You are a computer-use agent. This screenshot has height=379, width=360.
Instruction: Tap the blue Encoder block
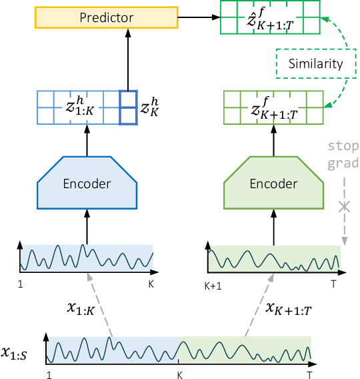[x=86, y=183]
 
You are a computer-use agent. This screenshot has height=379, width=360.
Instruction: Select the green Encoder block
[x=273, y=183]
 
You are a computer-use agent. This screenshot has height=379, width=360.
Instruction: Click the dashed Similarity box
[x=315, y=64]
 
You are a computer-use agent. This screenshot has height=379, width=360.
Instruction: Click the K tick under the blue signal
[x=151, y=284]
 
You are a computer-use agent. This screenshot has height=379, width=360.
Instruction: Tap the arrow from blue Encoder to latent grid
[x=86, y=139]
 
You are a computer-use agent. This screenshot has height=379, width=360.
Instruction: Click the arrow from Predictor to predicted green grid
[x=200, y=17]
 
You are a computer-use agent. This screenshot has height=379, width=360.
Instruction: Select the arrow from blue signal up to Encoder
[x=86, y=227]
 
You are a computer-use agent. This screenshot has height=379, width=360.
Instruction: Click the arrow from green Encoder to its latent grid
[x=273, y=139]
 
